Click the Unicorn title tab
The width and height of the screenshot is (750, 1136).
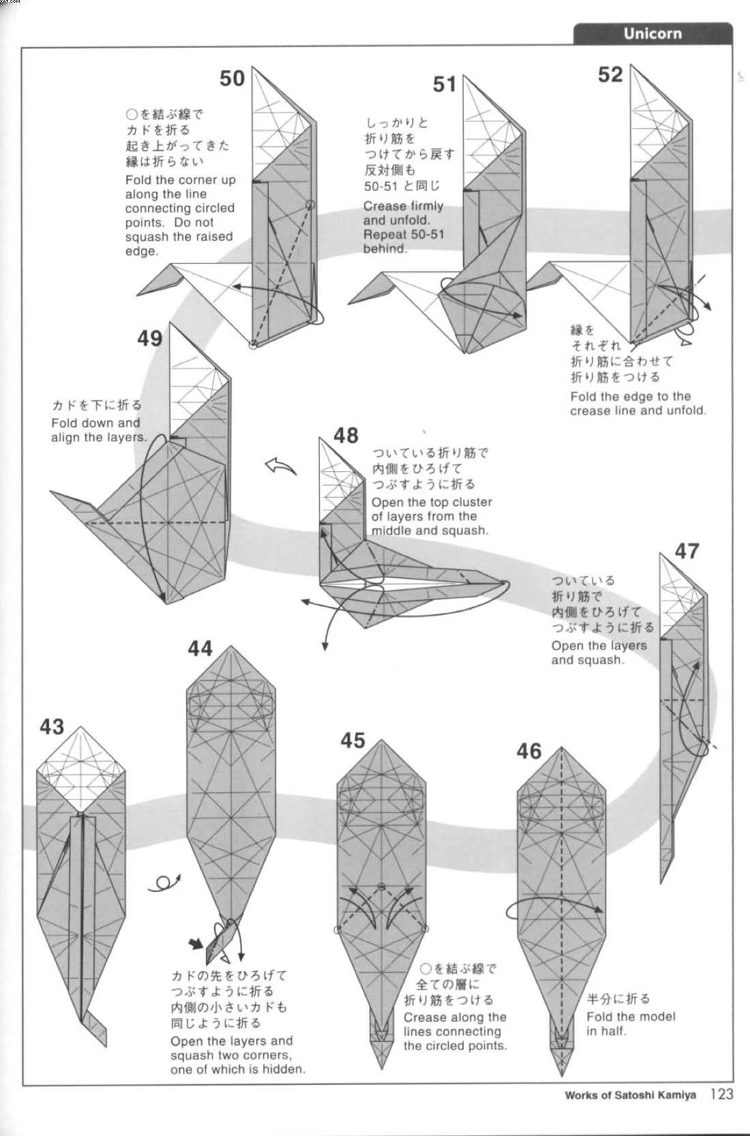(652, 33)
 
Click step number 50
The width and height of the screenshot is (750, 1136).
(232, 78)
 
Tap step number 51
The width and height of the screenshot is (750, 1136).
(445, 85)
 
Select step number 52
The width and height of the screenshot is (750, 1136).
(610, 74)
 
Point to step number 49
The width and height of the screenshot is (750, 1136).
(150, 338)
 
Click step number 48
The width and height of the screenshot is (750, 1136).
(346, 435)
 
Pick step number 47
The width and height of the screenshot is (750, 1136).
(687, 550)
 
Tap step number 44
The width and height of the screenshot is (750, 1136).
(200, 648)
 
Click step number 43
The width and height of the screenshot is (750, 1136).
(52, 726)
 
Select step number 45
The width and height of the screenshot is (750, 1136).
(353, 740)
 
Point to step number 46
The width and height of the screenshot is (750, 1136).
(529, 751)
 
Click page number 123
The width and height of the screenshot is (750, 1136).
(721, 1094)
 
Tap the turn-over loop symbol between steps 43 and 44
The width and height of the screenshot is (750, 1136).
(166, 883)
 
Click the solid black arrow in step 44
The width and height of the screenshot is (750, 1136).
(196, 944)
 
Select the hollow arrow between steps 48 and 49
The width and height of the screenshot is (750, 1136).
(281, 467)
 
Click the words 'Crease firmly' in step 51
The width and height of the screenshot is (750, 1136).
(403, 206)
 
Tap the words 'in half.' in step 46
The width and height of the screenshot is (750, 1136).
(605, 1031)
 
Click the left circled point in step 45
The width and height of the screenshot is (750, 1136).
(337, 929)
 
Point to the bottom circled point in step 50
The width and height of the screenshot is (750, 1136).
(254, 345)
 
